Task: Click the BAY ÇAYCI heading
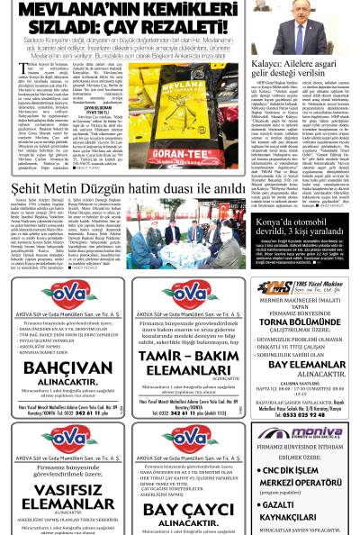coord(187,510)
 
